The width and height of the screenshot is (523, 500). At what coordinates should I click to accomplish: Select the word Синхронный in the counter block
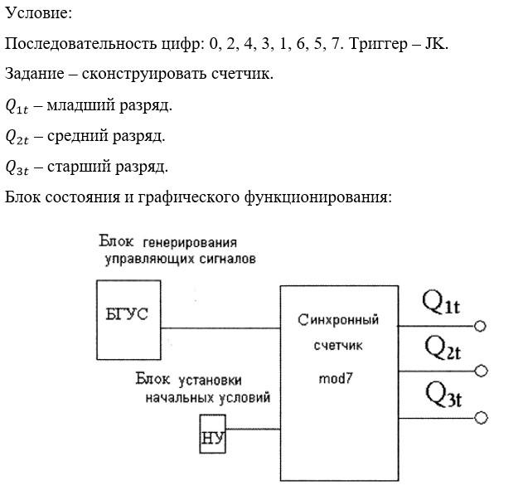click(x=338, y=319)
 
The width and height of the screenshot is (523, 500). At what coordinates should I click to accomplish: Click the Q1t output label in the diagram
click(x=440, y=304)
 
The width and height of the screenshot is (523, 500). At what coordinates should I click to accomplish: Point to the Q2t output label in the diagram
click(x=442, y=349)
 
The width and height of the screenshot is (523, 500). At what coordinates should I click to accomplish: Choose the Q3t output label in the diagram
click(x=443, y=394)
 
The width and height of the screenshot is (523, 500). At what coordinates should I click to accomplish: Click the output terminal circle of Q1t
click(x=479, y=326)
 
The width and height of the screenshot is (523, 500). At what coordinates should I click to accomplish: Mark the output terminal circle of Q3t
click(x=479, y=417)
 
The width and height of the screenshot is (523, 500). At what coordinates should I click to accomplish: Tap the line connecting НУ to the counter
click(x=253, y=429)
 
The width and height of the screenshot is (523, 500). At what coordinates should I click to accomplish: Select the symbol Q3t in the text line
click(x=17, y=167)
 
